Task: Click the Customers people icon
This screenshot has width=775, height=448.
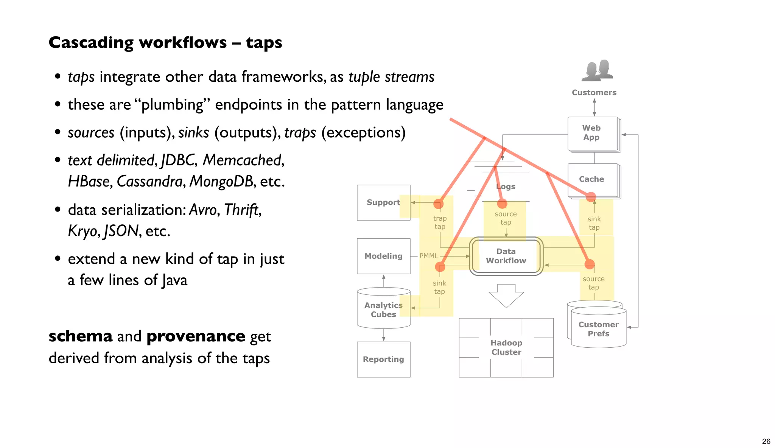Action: (x=597, y=71)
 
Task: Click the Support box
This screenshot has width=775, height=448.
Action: (x=383, y=202)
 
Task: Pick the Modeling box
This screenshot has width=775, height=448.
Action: (x=383, y=256)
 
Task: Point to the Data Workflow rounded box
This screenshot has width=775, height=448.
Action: (x=506, y=256)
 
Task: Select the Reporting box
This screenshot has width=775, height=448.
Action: (x=383, y=359)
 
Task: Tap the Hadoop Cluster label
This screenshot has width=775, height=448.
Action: (x=506, y=347)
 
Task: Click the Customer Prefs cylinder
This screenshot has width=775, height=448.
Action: (x=598, y=328)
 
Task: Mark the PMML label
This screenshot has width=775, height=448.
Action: (x=429, y=256)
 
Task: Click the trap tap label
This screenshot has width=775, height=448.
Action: (x=440, y=222)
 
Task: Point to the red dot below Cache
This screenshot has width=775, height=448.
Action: (x=591, y=197)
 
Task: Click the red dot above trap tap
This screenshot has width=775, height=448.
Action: (x=438, y=204)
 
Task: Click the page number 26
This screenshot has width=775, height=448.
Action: (x=766, y=441)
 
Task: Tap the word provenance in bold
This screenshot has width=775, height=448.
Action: (x=196, y=336)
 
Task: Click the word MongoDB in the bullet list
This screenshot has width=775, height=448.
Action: (x=221, y=181)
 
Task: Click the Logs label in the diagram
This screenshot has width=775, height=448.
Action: (x=506, y=187)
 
